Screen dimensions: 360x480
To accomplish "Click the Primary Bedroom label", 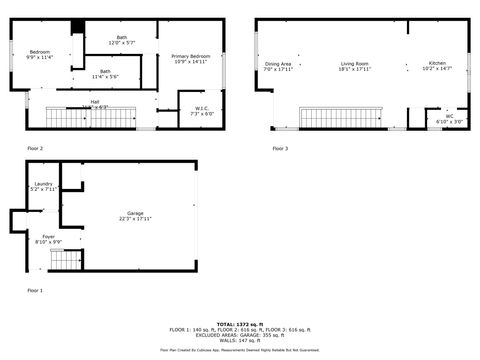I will tap(190, 58).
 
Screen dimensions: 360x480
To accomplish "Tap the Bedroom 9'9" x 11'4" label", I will tap(39, 54).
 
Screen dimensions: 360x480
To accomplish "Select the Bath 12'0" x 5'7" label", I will tap(122, 41).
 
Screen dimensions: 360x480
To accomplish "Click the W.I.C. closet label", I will tap(201, 111).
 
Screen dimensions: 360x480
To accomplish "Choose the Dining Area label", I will tap(278, 66).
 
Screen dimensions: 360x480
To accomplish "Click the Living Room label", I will tap(355, 66).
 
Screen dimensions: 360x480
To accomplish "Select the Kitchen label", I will tap(437, 66).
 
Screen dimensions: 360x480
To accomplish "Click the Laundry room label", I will tap(43, 186).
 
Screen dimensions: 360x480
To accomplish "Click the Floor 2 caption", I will tap(35, 148).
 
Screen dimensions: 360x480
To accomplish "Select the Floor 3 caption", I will tap(280, 148).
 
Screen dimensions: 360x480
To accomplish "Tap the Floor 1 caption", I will tap(35, 290).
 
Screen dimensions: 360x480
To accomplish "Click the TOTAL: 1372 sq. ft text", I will tap(240, 324).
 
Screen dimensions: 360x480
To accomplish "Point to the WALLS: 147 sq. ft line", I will tap(240, 339).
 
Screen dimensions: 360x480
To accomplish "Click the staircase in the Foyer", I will tap(65, 263).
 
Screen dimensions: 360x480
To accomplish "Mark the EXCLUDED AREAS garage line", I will tap(240, 334).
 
